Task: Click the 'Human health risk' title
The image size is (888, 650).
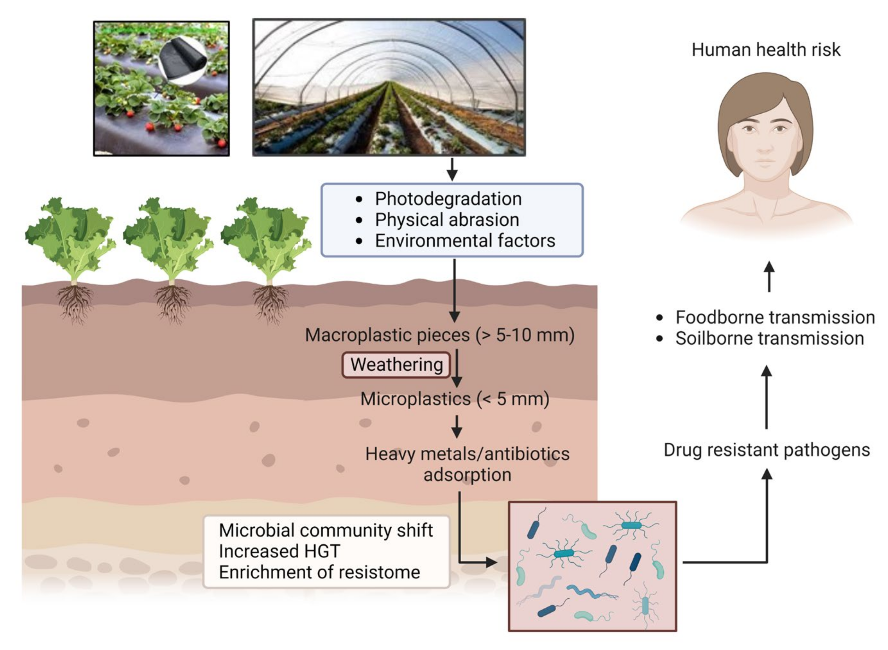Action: (766, 50)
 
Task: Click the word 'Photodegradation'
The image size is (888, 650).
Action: (448, 199)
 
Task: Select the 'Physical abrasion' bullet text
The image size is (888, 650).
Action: (447, 220)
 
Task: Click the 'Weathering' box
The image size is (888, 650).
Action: (396, 365)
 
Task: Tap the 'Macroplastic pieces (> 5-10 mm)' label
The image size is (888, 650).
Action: (440, 335)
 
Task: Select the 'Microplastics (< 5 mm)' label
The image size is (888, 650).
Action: (454, 399)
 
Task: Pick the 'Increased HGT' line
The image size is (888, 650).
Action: (279, 551)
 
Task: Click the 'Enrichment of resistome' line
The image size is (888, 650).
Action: (319, 572)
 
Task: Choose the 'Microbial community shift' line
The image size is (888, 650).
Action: (326, 530)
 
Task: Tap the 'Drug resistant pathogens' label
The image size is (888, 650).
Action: (766, 450)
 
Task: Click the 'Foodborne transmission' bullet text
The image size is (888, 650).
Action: (775, 317)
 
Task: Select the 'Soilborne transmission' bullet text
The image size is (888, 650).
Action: (770, 338)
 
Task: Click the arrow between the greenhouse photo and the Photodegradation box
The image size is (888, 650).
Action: (452, 169)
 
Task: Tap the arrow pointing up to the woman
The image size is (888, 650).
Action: (769, 277)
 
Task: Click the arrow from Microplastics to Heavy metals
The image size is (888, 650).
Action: (457, 426)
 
